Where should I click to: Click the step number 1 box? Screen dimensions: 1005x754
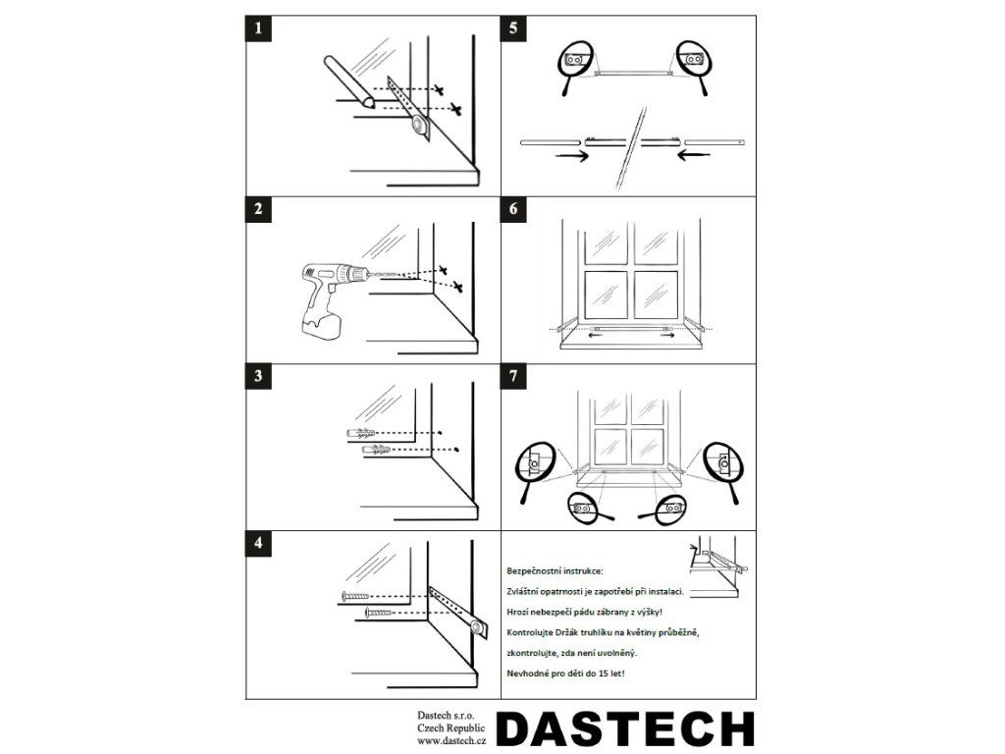[x=258, y=29]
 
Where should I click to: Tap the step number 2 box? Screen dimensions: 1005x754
[x=258, y=209]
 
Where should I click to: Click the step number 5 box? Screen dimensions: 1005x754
[x=513, y=29]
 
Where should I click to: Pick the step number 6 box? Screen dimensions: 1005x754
[x=513, y=209]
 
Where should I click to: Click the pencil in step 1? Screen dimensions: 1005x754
[x=348, y=81]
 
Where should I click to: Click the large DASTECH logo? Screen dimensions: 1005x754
[x=625, y=729]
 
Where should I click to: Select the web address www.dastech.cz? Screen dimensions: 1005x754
[x=452, y=741]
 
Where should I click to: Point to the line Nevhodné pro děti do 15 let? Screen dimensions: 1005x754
[x=565, y=673]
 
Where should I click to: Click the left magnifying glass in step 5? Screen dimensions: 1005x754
[x=574, y=64]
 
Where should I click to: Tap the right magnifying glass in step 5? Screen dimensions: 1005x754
[x=694, y=64]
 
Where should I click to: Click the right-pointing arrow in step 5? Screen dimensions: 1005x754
[x=571, y=156]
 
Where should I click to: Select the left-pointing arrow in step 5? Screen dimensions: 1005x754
[x=694, y=155]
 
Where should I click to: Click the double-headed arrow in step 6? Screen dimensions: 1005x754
[x=631, y=335]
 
